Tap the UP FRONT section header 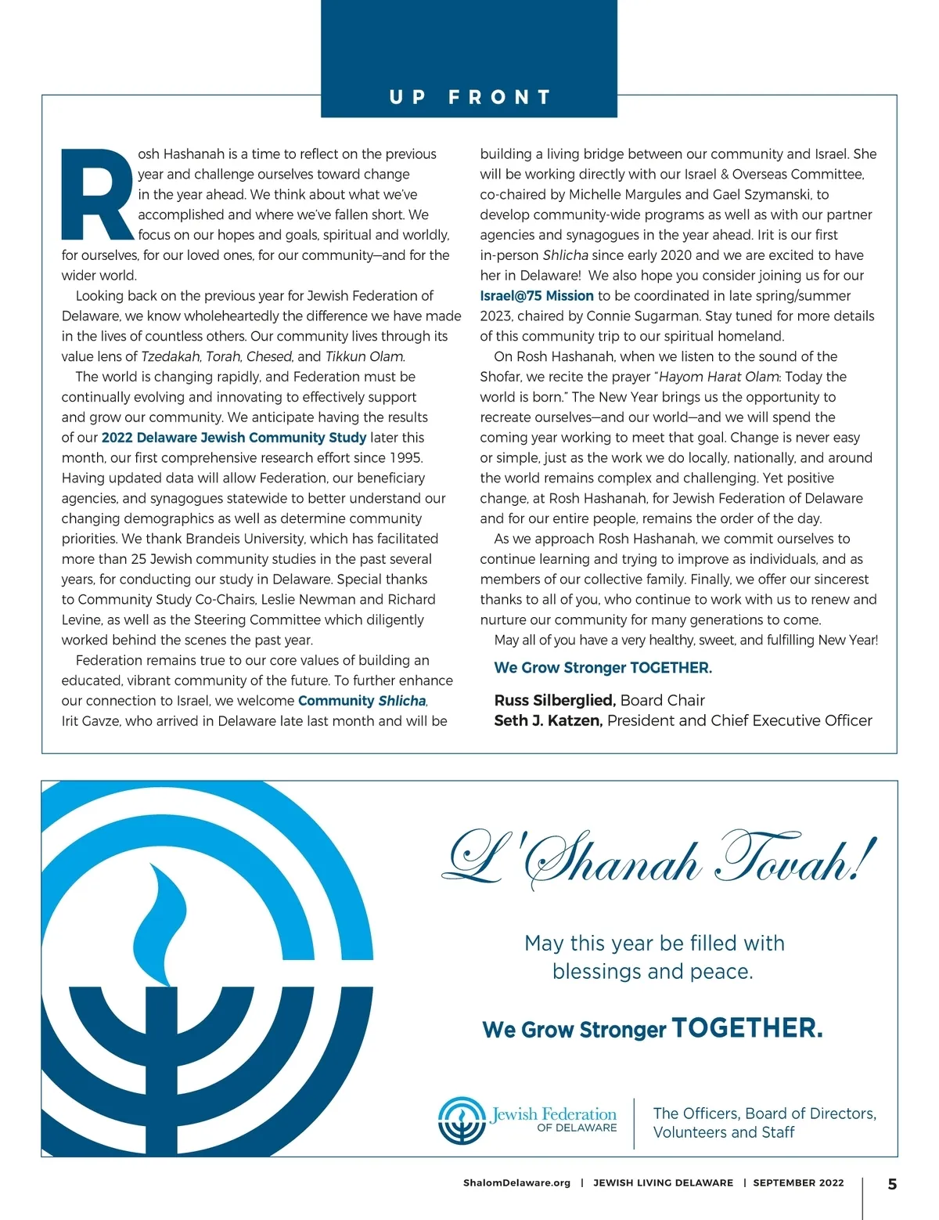tap(469, 97)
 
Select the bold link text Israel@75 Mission tap(537, 296)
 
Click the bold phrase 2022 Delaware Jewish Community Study tap(234, 438)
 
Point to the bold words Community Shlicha tap(362, 701)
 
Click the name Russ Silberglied tap(555, 700)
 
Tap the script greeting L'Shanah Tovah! tap(657, 860)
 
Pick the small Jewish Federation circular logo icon tap(462, 1121)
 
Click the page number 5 tap(892, 1184)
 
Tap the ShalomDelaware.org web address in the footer tap(516, 1183)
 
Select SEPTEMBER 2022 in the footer tap(798, 1183)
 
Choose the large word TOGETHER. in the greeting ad tap(747, 1028)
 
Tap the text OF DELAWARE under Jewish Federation tap(577, 1128)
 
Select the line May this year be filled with tap(654, 944)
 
